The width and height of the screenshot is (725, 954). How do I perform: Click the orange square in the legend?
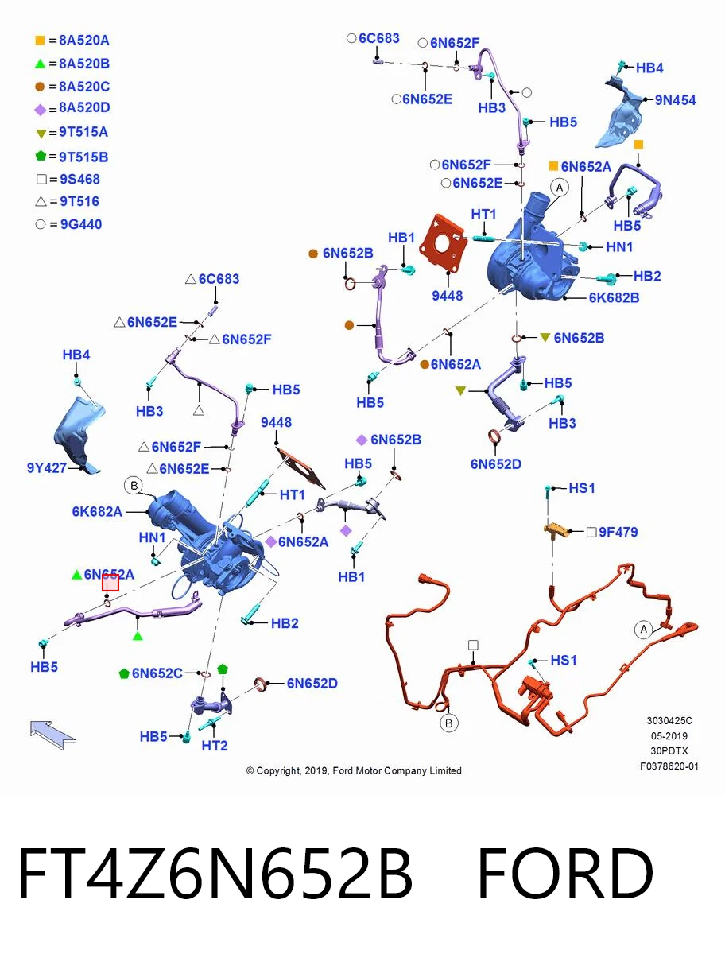point(40,41)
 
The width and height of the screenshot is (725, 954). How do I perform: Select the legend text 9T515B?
point(83,157)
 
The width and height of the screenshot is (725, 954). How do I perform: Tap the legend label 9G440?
point(81,224)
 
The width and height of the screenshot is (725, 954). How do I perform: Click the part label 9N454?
point(675,100)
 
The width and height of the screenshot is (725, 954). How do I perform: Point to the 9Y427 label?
point(46,467)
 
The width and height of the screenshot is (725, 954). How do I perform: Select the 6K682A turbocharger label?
point(97,511)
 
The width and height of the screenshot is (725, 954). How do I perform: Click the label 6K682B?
point(614,297)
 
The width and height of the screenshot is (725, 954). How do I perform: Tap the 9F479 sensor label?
point(618,532)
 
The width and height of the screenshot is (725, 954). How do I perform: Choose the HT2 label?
point(215,746)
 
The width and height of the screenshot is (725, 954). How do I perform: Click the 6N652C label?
point(157,673)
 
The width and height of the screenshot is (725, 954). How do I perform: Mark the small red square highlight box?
point(110,583)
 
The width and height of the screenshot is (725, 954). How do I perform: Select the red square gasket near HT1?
point(444,244)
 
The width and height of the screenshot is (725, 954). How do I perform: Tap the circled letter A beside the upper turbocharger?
point(560,188)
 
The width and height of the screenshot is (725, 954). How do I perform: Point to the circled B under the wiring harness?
point(448,723)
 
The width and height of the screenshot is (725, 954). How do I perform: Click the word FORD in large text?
point(565,874)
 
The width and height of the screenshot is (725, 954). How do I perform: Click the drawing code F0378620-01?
point(669,766)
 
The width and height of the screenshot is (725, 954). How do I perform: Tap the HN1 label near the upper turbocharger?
point(619,247)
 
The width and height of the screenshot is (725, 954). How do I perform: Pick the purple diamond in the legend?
point(40,110)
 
